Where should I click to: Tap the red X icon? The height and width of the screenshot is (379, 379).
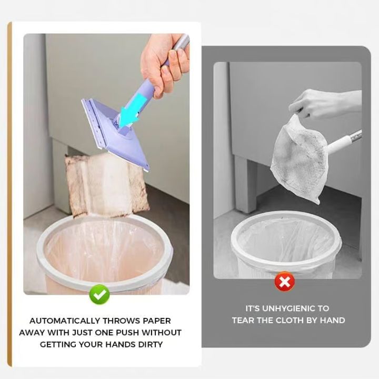[284, 282]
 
